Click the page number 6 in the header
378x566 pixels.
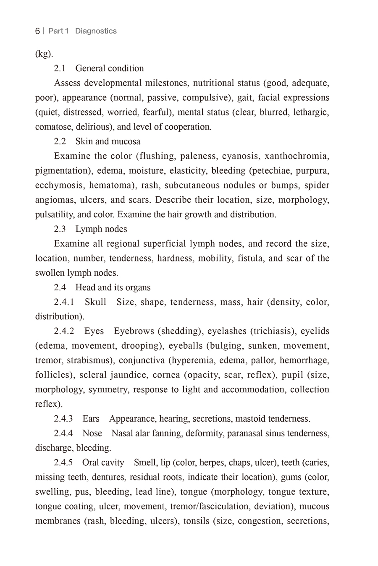tap(37, 31)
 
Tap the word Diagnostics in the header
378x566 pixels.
tap(96, 31)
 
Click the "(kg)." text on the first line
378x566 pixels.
tap(44, 54)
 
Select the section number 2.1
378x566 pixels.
tap(60, 68)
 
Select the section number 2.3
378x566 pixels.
tap(60, 229)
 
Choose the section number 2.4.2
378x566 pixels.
tap(64, 331)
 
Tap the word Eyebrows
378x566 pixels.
tap(134, 331)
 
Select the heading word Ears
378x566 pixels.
tap(91, 419)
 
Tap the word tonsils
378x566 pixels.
tap(197, 521)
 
